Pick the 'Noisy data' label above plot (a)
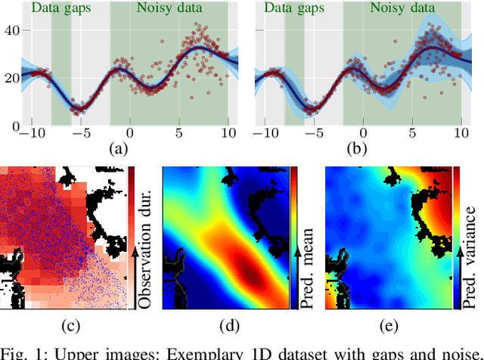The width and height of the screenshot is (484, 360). (169, 10)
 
